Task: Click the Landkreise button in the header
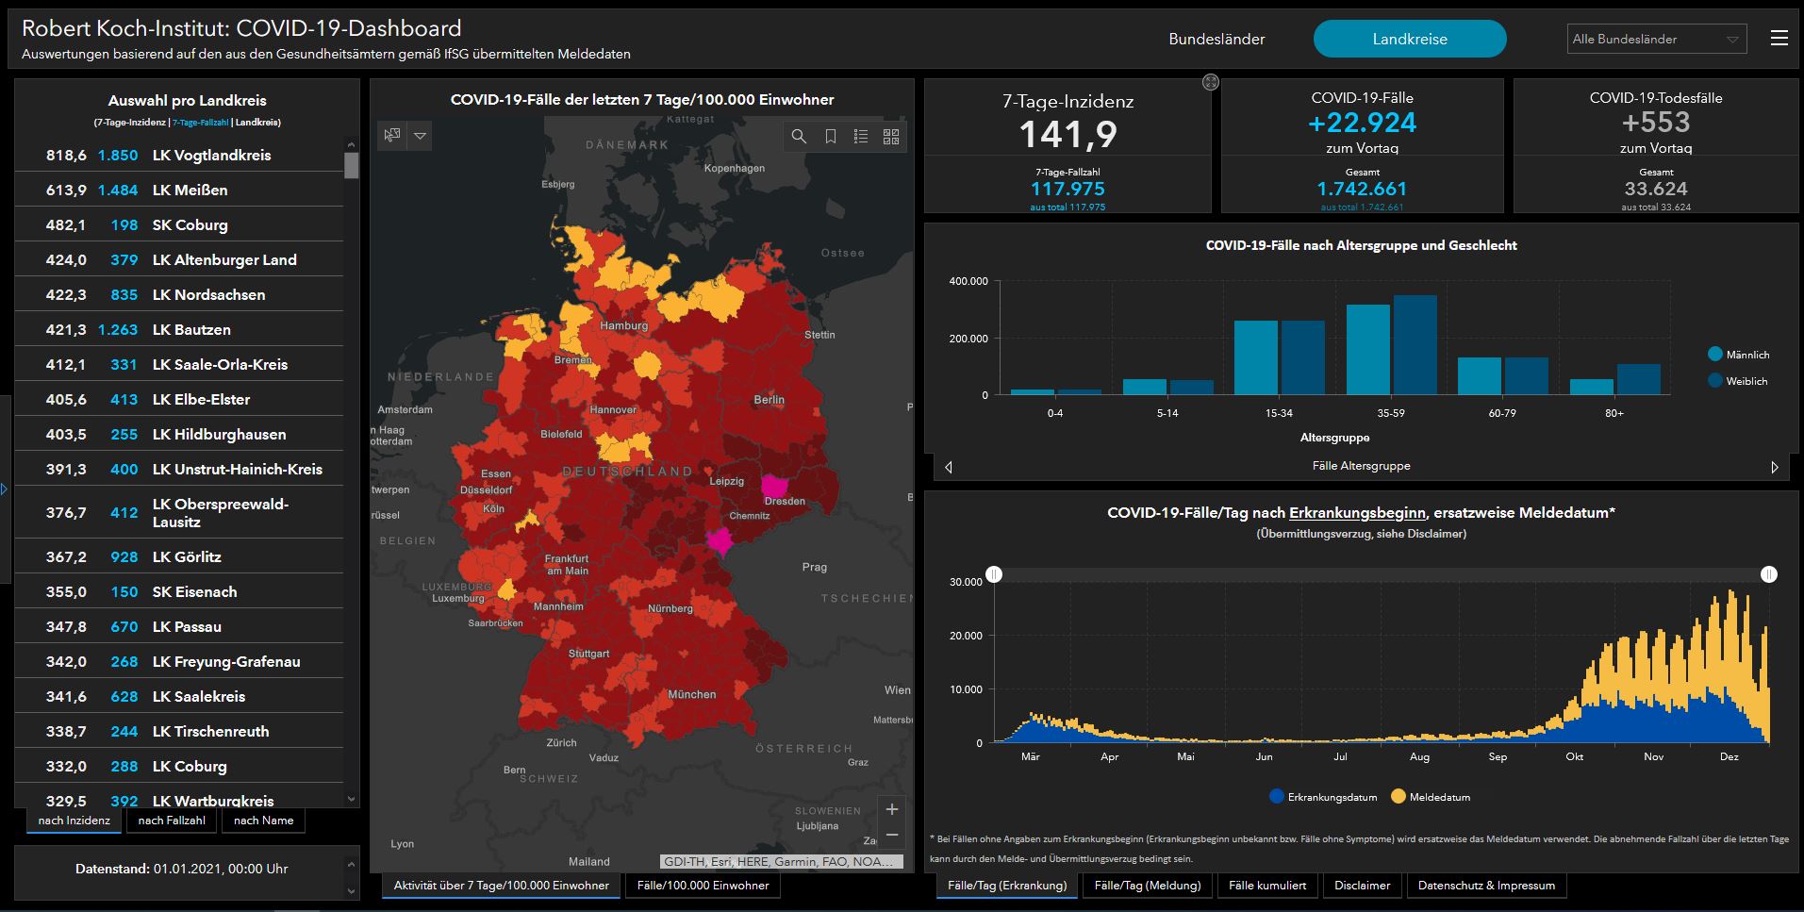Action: (x=1410, y=39)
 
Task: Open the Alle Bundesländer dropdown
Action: (x=1657, y=39)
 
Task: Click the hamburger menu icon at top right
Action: (x=1779, y=38)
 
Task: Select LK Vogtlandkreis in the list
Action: (x=211, y=156)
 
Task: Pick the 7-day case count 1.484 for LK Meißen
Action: (x=118, y=191)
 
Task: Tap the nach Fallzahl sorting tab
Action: (x=172, y=821)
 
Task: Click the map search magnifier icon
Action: (x=799, y=137)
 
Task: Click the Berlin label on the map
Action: (x=769, y=400)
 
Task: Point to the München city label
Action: (x=692, y=694)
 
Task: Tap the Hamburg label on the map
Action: (x=623, y=325)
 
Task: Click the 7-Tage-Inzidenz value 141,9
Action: (x=1068, y=135)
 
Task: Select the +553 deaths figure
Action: (x=1656, y=123)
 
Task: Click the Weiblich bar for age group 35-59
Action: (x=1415, y=345)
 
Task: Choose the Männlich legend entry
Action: (x=1738, y=355)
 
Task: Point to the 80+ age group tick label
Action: (x=1614, y=413)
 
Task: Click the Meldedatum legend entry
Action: (x=1431, y=797)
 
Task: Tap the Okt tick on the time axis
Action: (x=1575, y=756)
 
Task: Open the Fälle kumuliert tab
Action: (x=1267, y=886)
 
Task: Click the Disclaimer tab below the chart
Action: (x=1362, y=886)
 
